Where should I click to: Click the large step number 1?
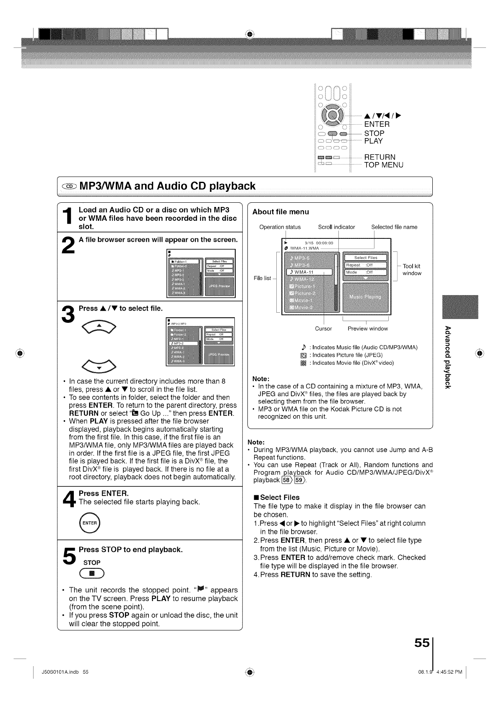pyautogui.click(x=68, y=218)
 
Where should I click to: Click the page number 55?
pyautogui.click(x=422, y=643)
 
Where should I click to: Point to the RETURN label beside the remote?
pyautogui.click(x=379, y=157)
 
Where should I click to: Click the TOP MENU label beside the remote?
pyautogui.click(x=384, y=165)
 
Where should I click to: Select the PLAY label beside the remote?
pyautogui.click(x=373, y=141)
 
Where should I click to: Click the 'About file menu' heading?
pyautogui.click(x=281, y=212)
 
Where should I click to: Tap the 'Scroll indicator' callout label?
pyautogui.click(x=336, y=227)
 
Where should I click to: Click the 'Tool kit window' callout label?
pyautogui.click(x=411, y=269)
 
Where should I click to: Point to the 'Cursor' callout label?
pyautogui.click(x=323, y=329)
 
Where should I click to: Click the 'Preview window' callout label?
pyautogui.click(x=368, y=329)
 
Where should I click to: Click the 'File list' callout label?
pyautogui.click(x=262, y=278)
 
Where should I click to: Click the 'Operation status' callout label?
pyautogui.click(x=280, y=227)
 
